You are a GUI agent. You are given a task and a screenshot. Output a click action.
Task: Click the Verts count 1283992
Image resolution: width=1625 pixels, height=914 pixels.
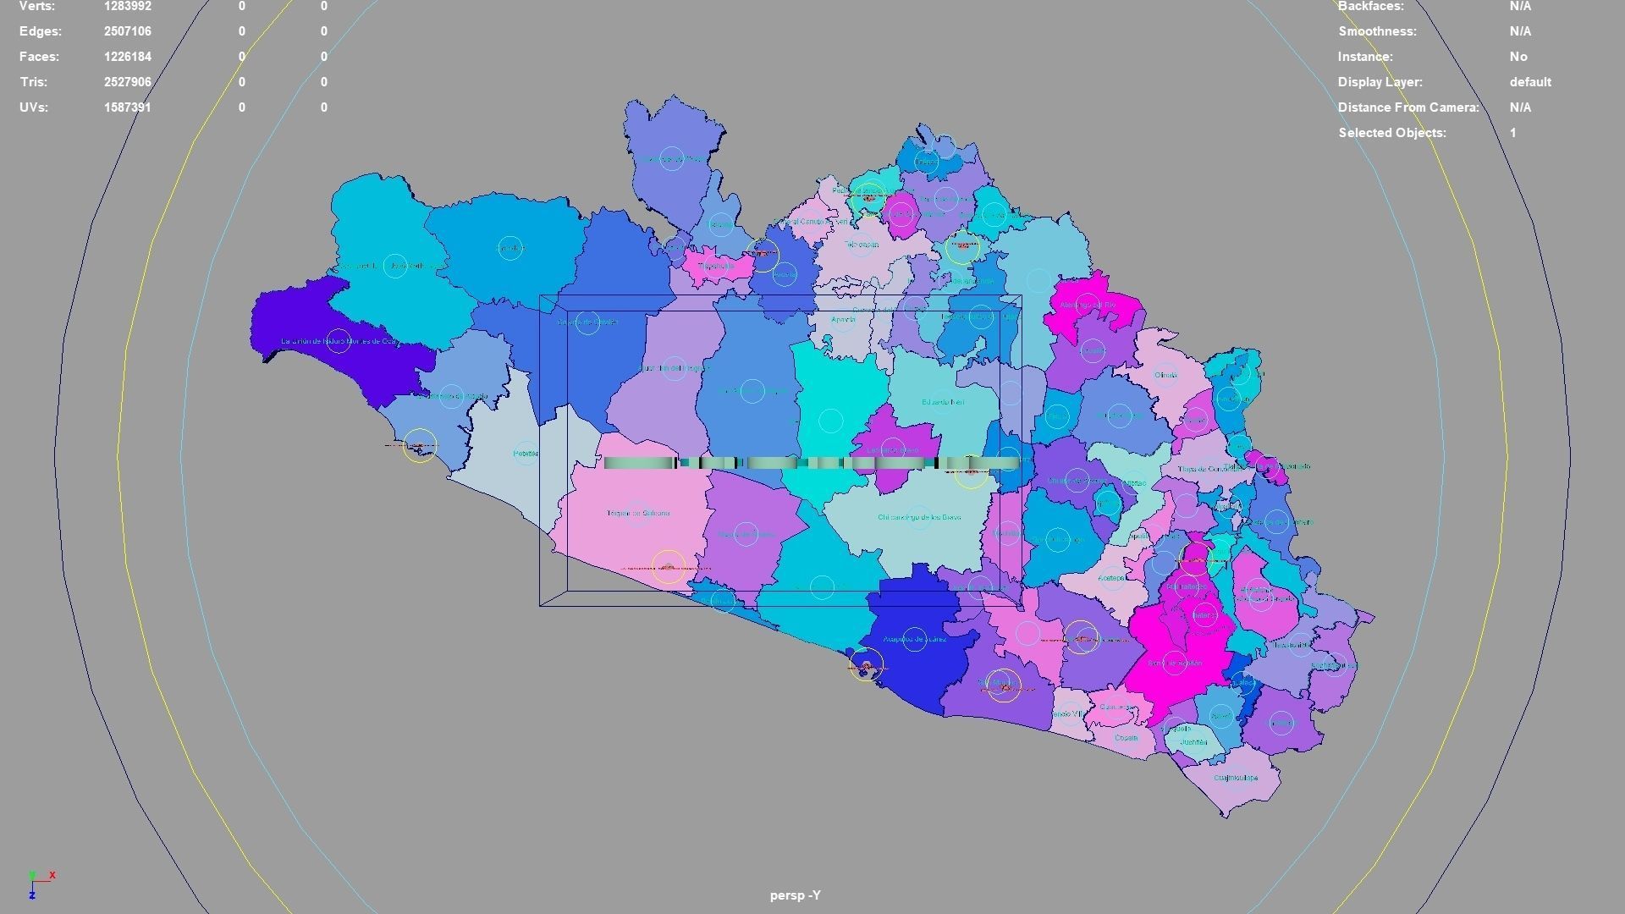pyautogui.click(x=127, y=7)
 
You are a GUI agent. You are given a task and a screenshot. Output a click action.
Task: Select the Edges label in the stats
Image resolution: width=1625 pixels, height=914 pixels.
pyautogui.click(x=41, y=31)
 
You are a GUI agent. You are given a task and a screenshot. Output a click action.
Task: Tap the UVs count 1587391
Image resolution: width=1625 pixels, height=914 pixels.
pyautogui.click(x=127, y=107)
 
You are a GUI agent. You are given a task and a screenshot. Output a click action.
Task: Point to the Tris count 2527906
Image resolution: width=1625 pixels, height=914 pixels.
pyautogui.click(x=127, y=82)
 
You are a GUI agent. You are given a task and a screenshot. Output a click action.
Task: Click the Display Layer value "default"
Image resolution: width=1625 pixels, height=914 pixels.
pyautogui.click(x=1529, y=82)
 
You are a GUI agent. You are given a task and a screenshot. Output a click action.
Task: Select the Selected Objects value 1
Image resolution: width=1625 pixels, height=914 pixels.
pyautogui.click(x=1512, y=133)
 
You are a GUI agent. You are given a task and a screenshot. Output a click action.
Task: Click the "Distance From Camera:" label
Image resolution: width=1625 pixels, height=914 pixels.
pyautogui.click(x=1407, y=107)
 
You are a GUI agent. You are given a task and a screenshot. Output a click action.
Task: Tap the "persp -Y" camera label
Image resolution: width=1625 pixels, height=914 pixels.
pyautogui.click(x=795, y=895)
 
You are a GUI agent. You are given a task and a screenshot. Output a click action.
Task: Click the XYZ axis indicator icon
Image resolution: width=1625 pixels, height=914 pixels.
pyautogui.click(x=38, y=883)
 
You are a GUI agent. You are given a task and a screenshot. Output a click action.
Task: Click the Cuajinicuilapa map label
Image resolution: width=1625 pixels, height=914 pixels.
pyautogui.click(x=1235, y=778)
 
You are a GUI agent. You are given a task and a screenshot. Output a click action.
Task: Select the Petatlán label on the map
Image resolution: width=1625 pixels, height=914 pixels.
pyautogui.click(x=525, y=454)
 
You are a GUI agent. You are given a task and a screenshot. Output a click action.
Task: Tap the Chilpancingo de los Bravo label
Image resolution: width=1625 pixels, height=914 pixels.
pyautogui.click(x=918, y=517)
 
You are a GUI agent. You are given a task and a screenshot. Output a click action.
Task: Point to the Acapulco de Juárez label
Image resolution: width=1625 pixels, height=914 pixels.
pyautogui.click(x=914, y=639)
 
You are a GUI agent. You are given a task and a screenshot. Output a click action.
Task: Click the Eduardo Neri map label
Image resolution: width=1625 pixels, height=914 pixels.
pyautogui.click(x=942, y=402)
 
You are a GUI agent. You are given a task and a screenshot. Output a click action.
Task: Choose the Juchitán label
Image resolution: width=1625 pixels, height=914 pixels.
pyautogui.click(x=1193, y=742)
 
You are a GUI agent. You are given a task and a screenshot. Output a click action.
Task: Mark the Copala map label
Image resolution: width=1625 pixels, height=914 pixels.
pyautogui.click(x=1126, y=738)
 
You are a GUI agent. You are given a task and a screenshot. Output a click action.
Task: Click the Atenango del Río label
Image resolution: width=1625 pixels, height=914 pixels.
pyautogui.click(x=1088, y=305)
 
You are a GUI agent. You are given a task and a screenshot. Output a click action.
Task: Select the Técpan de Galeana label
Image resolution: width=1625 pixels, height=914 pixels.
pyautogui.click(x=637, y=513)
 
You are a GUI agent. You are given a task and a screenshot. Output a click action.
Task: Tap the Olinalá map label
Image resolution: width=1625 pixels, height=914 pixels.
pyautogui.click(x=1165, y=375)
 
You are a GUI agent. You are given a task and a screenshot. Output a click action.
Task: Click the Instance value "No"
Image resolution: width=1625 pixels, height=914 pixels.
pyautogui.click(x=1518, y=57)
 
